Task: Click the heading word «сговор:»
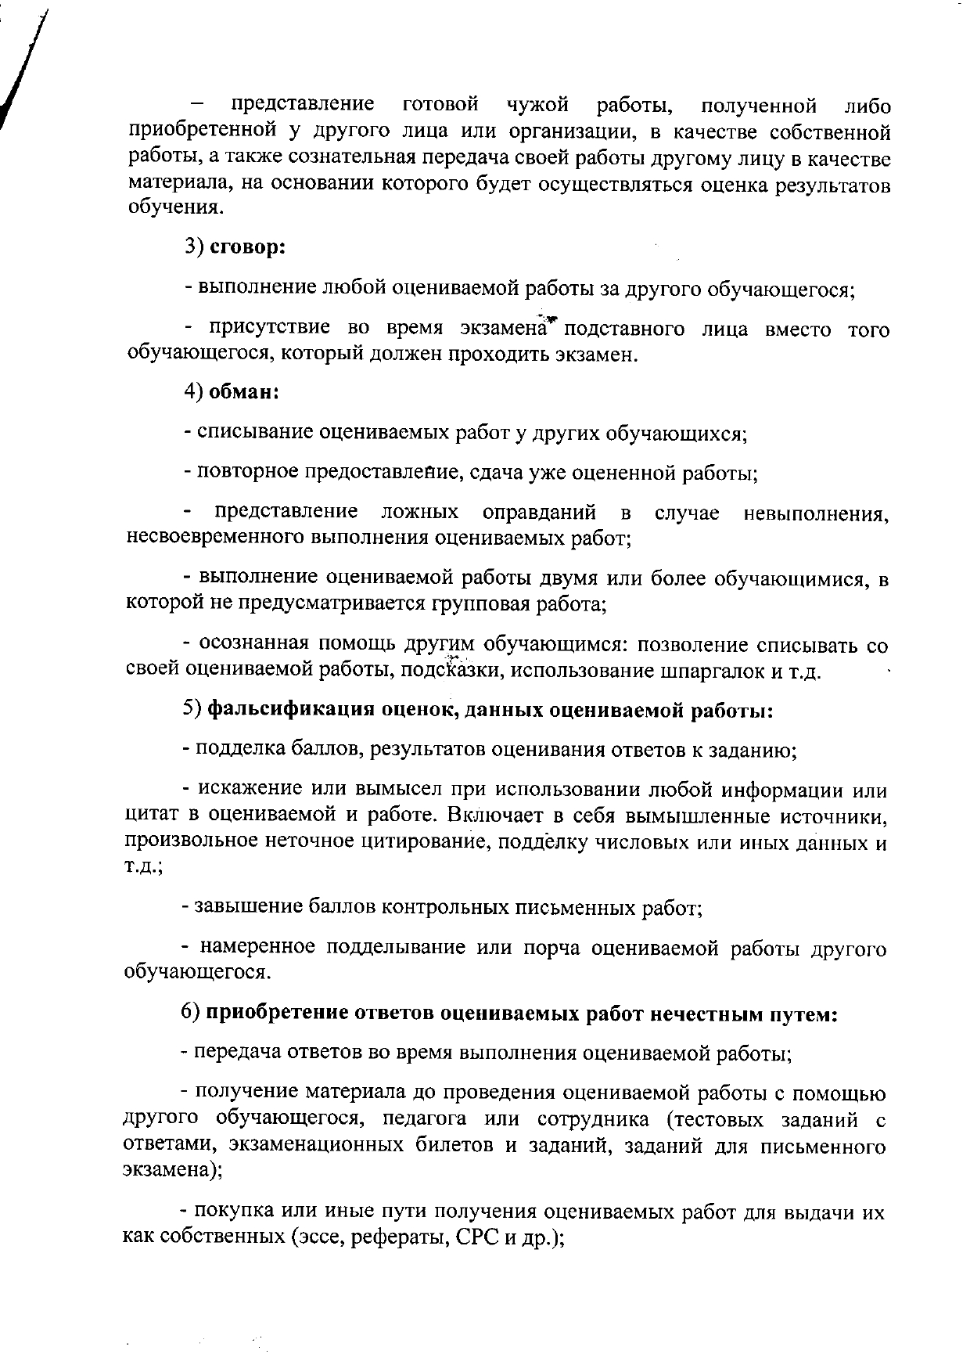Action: (x=247, y=248)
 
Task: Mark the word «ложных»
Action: (x=419, y=513)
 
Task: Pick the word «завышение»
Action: (x=243, y=907)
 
